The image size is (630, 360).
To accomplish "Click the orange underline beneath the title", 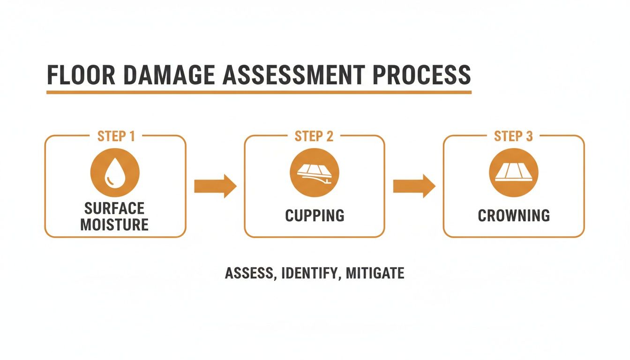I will pyautogui.click(x=259, y=92).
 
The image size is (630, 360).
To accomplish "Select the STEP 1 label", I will pyautogui.click(x=116, y=136).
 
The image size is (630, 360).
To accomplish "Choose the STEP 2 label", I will pyautogui.click(x=314, y=136).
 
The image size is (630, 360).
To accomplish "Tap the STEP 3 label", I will pyautogui.click(x=513, y=136).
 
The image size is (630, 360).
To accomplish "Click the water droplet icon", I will pyautogui.click(x=114, y=172).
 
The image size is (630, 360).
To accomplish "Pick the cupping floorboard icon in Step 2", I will pyautogui.click(x=314, y=172).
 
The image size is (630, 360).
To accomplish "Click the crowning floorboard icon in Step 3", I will pyautogui.click(x=513, y=172).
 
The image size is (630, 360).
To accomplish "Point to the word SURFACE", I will pyautogui.click(x=114, y=208).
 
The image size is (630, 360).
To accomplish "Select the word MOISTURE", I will pyautogui.click(x=114, y=224).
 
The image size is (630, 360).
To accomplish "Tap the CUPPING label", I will pyautogui.click(x=315, y=216).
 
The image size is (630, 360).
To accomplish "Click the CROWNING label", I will pyautogui.click(x=514, y=216).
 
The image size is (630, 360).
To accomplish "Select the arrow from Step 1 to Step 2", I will pyautogui.click(x=215, y=186).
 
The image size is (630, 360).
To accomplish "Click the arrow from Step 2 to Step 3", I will pyautogui.click(x=414, y=186).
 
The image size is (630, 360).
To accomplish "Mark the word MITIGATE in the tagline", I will pyautogui.click(x=375, y=273).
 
